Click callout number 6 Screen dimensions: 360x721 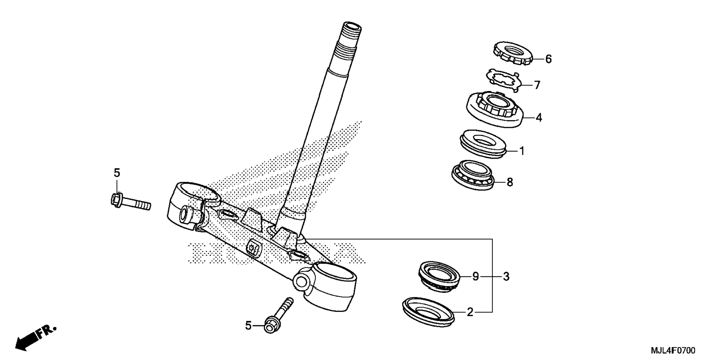click(x=548, y=59)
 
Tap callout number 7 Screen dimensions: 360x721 click(x=537, y=85)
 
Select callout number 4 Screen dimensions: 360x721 click(x=538, y=118)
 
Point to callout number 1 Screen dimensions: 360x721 click(x=522, y=151)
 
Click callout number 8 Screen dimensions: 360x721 click(x=510, y=182)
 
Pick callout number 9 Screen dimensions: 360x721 click(x=475, y=277)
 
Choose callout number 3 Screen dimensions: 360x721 click(x=506, y=277)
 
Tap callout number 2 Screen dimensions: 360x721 click(x=470, y=312)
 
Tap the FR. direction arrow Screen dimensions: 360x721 click(x=35, y=337)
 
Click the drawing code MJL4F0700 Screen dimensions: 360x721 click(x=673, y=350)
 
